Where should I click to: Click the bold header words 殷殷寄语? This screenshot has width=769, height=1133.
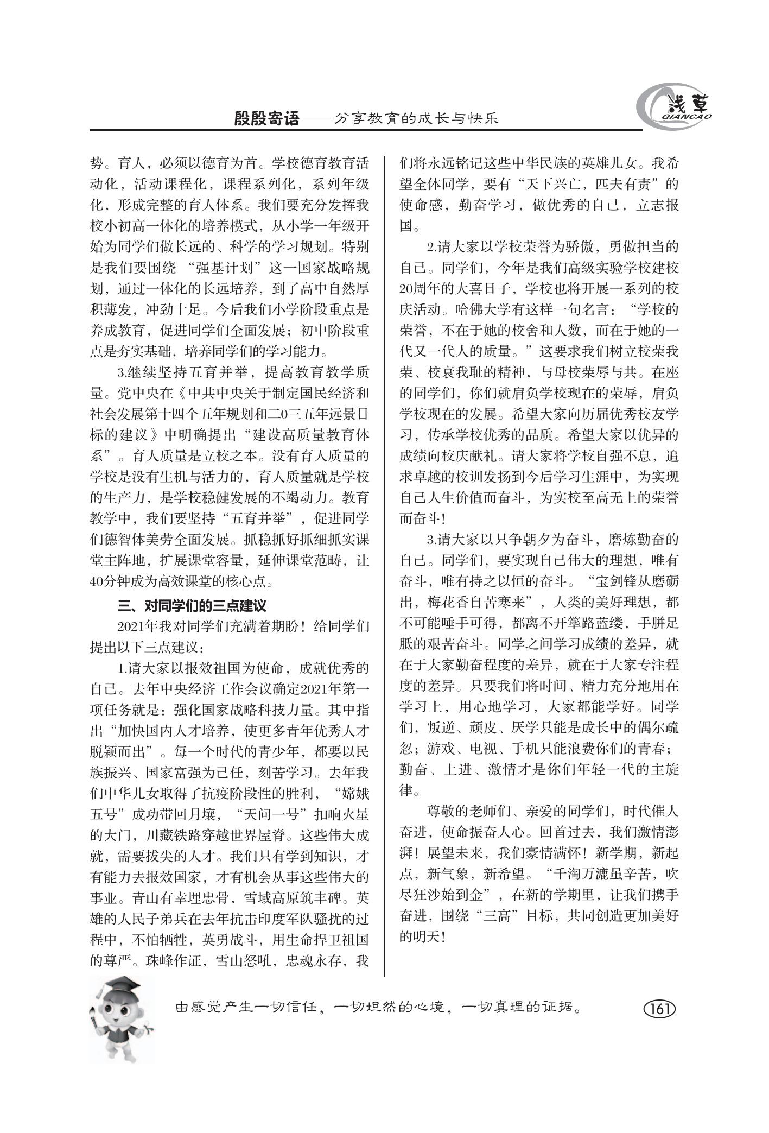pyautogui.click(x=266, y=119)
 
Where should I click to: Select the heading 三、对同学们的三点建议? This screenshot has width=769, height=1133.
pyautogui.click(x=192, y=605)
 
